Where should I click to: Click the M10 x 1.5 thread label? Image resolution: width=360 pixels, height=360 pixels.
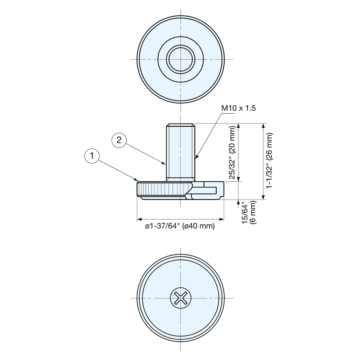click(238, 108)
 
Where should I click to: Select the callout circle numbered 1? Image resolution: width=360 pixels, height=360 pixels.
click(93, 156)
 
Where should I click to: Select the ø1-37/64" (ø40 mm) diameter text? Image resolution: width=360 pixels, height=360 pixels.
click(180, 226)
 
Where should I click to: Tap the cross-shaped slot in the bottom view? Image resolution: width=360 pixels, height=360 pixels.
click(180, 298)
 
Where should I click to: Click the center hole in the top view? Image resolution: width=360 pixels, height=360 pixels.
click(180, 59)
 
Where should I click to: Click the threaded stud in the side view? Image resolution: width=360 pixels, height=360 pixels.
click(180, 151)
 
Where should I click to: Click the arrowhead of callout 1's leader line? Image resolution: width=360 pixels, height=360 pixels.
click(136, 180)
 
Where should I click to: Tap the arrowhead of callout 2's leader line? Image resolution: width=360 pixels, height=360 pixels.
click(165, 163)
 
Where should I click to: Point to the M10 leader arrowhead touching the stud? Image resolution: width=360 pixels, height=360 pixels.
click(196, 158)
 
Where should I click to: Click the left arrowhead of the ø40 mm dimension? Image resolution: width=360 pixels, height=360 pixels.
click(139, 219)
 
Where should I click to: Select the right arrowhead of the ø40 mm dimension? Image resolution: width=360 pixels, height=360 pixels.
click(222, 219)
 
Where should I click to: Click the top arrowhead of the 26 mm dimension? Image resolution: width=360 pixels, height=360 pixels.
click(264, 126)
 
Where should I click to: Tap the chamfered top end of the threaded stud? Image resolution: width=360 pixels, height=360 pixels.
click(180, 126)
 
